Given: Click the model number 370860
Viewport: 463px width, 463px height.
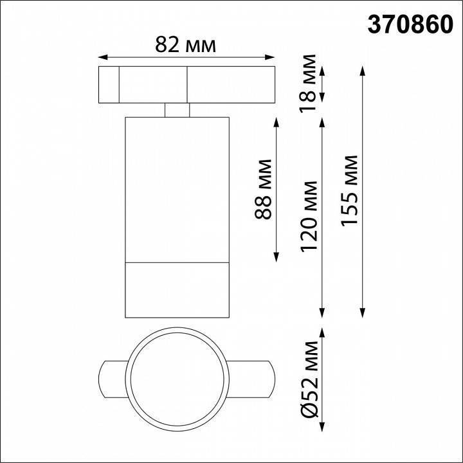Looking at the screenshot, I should (406, 24).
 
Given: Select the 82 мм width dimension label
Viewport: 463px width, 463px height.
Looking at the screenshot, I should (186, 44).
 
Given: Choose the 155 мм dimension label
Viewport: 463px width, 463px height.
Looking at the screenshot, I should (350, 190).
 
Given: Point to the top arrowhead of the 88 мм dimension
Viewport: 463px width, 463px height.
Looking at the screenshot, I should (277, 120).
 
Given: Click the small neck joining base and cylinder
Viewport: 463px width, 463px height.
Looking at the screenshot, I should (176, 110).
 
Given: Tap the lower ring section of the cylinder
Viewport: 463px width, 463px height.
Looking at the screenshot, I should (176, 289).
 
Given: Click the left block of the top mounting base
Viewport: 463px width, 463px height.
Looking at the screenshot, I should (109, 84).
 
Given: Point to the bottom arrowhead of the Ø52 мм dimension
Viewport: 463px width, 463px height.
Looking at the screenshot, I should (322, 428).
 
